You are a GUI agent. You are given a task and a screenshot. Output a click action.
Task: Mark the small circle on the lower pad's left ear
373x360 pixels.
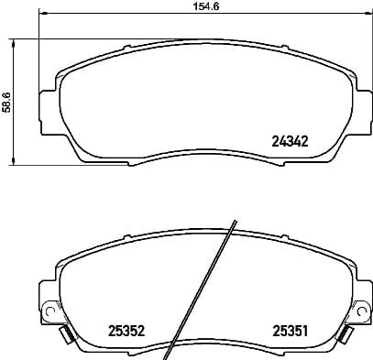[x=48, y=306]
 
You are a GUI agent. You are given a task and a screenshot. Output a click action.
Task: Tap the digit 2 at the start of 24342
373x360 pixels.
[x=275, y=141]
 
